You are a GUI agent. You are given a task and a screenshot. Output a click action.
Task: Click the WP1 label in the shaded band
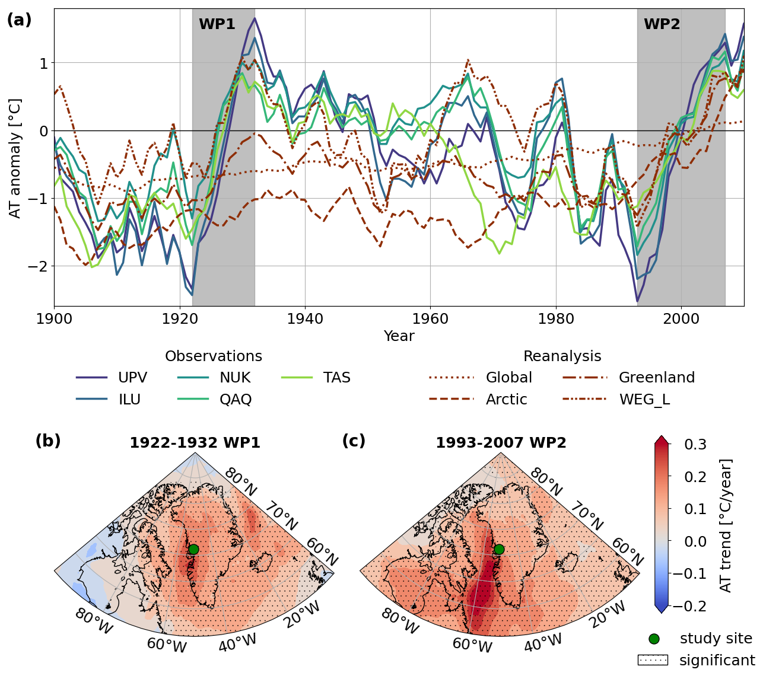point(217,25)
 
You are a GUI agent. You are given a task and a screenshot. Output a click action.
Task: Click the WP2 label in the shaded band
point(662,25)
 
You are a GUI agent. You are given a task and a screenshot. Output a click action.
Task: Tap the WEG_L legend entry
point(644,400)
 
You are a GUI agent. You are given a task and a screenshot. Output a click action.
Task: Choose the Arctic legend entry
point(506,400)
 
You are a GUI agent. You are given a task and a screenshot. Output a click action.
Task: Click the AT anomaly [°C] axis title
point(15,158)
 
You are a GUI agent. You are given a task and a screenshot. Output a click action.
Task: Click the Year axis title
point(399,336)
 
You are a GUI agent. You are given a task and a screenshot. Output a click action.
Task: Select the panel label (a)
point(19,20)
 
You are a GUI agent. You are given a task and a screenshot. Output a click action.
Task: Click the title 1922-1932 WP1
point(195,443)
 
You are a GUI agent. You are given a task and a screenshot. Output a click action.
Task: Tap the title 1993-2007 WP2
point(501,443)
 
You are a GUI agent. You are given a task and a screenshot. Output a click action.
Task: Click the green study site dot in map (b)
point(193,549)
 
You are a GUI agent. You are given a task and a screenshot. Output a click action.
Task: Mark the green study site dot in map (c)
point(499,549)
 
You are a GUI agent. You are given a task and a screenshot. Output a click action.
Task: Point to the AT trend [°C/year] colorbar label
point(726,525)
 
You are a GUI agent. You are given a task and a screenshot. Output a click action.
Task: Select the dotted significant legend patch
point(653,660)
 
